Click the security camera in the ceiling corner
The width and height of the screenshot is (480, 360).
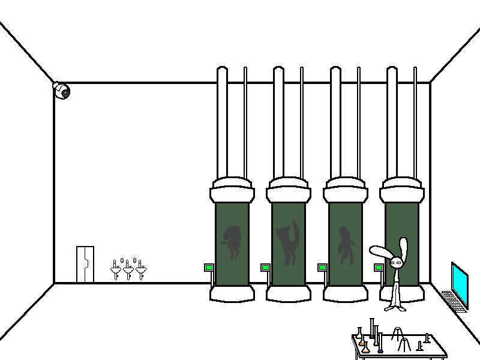(61, 91)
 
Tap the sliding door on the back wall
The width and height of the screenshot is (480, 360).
(85, 264)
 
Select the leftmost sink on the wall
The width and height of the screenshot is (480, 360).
(116, 271)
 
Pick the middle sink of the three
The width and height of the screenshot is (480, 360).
(128, 271)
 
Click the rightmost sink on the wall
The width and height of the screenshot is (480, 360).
(141, 271)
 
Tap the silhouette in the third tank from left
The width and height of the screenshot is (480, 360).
(345, 245)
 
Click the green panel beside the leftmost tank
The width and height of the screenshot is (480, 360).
(209, 268)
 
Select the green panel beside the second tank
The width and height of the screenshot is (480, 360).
(265, 268)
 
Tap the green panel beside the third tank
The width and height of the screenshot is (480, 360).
(322, 268)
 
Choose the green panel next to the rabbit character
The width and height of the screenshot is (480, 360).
(379, 268)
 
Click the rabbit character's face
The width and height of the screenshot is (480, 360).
(397, 262)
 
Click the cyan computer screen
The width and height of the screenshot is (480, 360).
(460, 283)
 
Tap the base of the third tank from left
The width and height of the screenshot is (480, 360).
(345, 293)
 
